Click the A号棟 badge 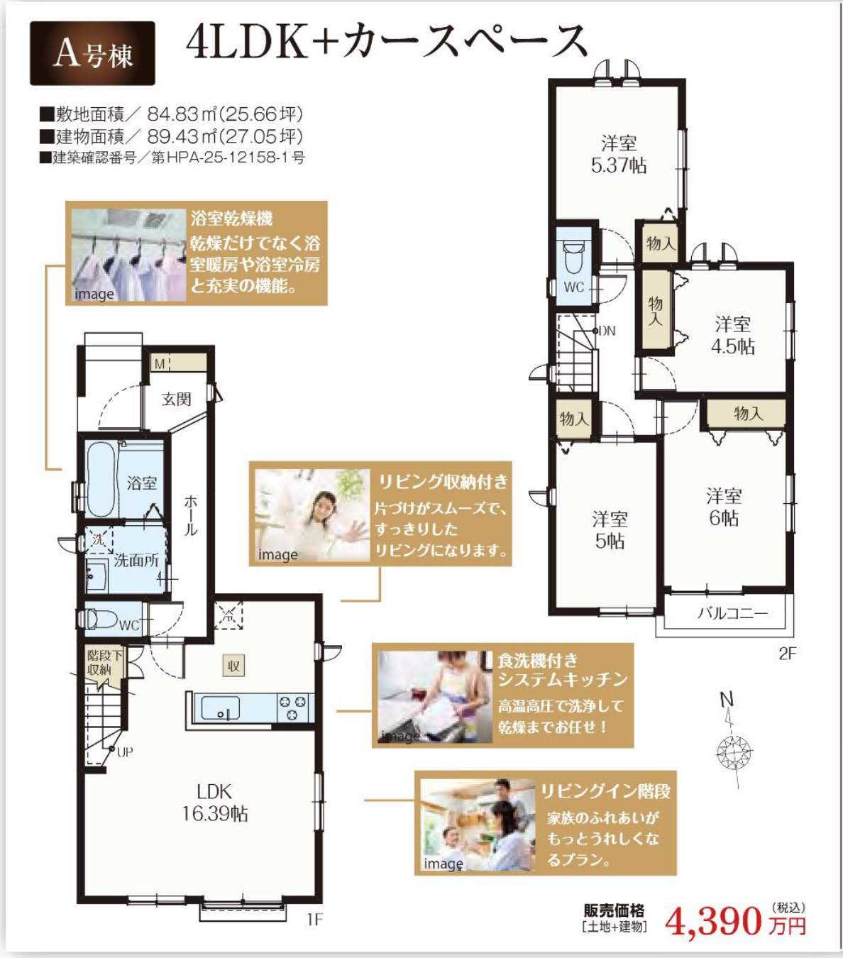click(x=92, y=53)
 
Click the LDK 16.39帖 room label click(x=214, y=803)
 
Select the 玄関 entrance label click(x=176, y=399)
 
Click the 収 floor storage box click(x=233, y=666)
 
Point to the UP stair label click(x=125, y=751)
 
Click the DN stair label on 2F click(x=607, y=331)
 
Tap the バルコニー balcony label click(x=732, y=613)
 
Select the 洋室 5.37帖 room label click(x=619, y=154)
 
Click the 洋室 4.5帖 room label click(x=733, y=336)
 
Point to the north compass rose click(x=734, y=751)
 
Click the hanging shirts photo click(x=128, y=255)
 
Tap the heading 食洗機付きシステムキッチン click(x=563, y=670)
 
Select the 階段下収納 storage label click(x=104, y=663)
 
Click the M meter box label click(x=160, y=363)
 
